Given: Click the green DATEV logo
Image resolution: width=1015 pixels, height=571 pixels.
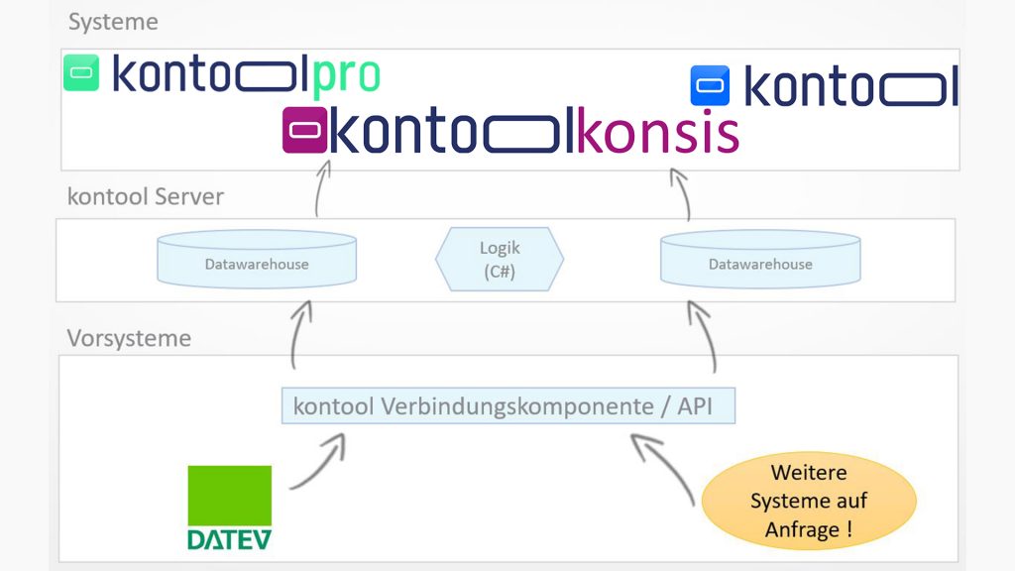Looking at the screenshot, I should [229, 507].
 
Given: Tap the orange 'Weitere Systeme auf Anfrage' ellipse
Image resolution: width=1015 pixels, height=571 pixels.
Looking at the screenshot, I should [808, 501].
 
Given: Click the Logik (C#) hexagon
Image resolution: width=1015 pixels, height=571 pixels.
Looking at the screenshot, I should [500, 260].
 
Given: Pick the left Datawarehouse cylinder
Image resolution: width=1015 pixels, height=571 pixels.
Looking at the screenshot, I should [257, 260].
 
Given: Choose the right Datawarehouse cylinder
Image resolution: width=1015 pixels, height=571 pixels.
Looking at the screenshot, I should [760, 260].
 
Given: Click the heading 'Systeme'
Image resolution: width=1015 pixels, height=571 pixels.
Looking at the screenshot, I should [112, 21].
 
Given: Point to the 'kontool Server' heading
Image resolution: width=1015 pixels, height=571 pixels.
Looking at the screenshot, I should [146, 196].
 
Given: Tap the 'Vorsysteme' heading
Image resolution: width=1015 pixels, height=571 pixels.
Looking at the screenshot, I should [129, 338].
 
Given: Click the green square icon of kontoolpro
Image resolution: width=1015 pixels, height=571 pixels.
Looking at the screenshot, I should [81, 73].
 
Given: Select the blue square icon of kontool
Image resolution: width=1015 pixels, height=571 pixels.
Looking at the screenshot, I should [710, 86].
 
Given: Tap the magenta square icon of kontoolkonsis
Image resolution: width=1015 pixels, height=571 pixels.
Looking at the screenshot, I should [304, 130].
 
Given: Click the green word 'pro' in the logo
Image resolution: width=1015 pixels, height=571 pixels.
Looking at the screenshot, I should [346, 75].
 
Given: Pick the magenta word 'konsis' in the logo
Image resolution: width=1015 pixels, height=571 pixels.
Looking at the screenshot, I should [657, 133].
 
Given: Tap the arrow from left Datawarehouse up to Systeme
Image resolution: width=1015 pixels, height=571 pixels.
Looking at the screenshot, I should [320, 188].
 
